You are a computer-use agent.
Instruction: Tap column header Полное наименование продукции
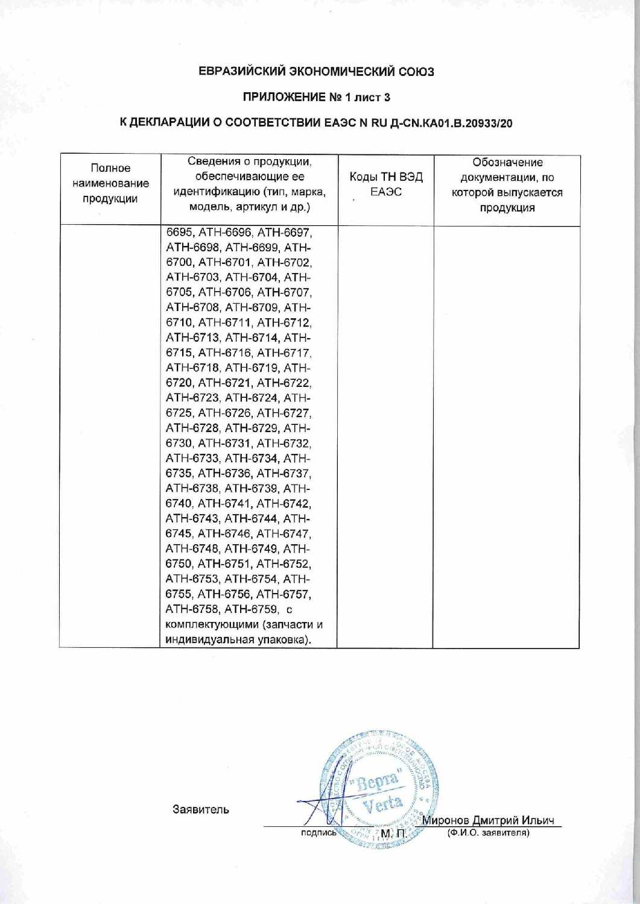110,183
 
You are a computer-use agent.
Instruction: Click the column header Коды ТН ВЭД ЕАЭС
386,184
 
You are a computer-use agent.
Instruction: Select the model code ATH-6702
284,263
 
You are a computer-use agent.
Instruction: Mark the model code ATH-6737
284,474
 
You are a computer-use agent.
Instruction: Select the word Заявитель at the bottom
201,809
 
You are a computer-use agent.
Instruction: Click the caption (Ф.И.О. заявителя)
488,833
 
